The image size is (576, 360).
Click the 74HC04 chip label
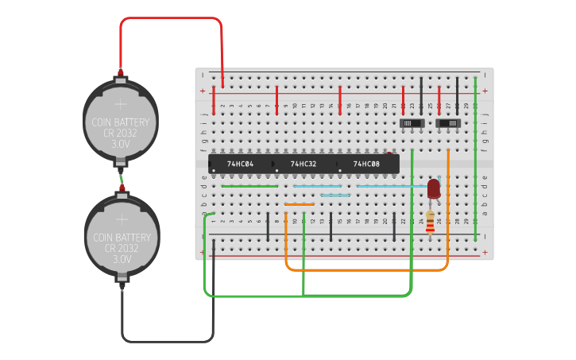click(240, 164)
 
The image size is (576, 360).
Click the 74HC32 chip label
click(303, 164)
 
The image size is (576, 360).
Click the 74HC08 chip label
click(366, 164)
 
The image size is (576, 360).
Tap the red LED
click(433, 188)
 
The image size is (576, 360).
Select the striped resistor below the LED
click(431, 223)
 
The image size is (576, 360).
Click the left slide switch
click(411, 124)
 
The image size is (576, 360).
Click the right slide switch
click(449, 124)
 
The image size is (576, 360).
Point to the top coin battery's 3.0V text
click(121, 145)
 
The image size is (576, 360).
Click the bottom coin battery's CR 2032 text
click(122, 248)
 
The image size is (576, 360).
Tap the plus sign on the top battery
click(121, 103)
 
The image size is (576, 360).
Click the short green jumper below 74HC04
click(249, 186)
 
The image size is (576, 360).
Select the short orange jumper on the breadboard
click(300, 204)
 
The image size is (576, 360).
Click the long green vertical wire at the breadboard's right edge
click(475, 159)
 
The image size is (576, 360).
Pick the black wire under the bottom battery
click(167, 341)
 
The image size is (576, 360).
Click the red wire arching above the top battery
click(171, 18)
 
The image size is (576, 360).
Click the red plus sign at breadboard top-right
click(485, 91)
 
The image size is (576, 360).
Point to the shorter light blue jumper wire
click(335, 195)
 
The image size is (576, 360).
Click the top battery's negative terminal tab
click(121, 164)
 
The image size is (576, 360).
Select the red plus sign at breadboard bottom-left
click(203, 255)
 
